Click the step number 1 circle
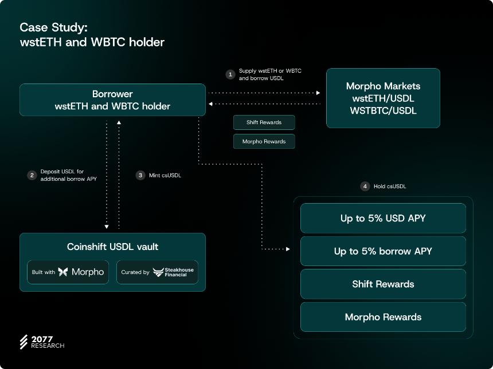pyautogui.click(x=230, y=74)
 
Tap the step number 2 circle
pyautogui.click(x=32, y=175)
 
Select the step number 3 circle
pyautogui.click(x=140, y=175)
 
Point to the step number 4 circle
pyautogui.click(x=365, y=186)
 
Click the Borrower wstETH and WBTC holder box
pyautogui.click(x=112, y=100)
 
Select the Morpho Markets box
pyautogui.click(x=383, y=98)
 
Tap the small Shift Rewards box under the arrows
pyautogui.click(x=264, y=122)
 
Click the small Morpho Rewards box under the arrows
pyautogui.click(x=264, y=141)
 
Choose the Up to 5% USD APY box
pyautogui.click(x=383, y=218)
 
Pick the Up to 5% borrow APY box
pyautogui.click(x=383, y=251)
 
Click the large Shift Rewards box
pyautogui.click(x=383, y=284)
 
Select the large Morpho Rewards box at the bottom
pyautogui.click(x=383, y=317)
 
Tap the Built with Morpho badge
pyautogui.click(x=68, y=272)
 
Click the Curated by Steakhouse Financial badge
pyautogui.click(x=157, y=272)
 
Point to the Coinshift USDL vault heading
pyautogui.click(x=112, y=247)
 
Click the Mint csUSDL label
pyautogui.click(x=165, y=175)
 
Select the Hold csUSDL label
pyautogui.click(x=390, y=186)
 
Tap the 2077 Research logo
pyautogui.click(x=42, y=342)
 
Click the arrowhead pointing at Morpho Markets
pyautogui.click(x=318, y=93)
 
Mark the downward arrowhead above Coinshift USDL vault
pyautogui.click(x=107, y=227)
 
